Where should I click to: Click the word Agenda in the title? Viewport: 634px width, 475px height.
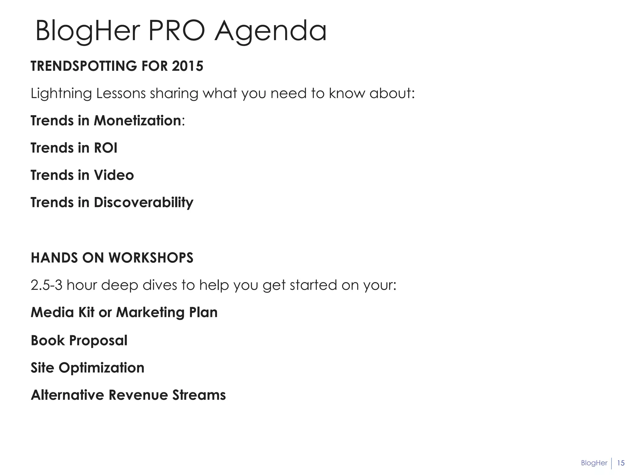270,31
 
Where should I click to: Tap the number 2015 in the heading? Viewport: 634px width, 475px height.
188,66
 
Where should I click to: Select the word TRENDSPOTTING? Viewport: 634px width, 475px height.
84,66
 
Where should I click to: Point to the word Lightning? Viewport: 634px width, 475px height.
61,94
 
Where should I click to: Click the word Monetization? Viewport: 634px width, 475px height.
137,121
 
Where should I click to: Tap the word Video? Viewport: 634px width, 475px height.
114,175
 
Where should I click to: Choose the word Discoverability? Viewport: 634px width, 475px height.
144,203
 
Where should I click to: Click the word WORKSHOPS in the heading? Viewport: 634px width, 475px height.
151,258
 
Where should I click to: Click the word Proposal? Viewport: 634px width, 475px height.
98,340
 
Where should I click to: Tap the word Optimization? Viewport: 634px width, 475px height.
102,368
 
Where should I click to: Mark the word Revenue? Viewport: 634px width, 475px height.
138,395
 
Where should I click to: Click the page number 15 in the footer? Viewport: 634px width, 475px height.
621,463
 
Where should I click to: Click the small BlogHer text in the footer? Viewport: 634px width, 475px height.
594,463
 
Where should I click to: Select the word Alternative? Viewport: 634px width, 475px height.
67,395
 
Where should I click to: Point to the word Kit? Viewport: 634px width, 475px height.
86,312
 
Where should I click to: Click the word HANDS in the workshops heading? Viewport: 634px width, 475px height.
54,258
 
